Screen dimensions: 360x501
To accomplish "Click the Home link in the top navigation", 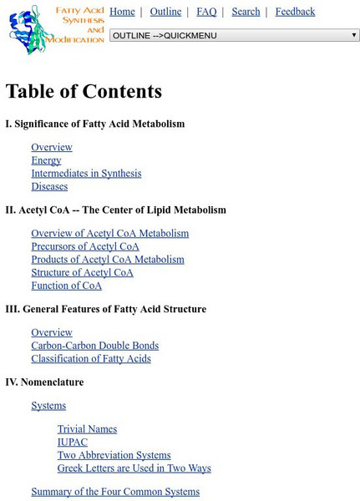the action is tap(122, 12).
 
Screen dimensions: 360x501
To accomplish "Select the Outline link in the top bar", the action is tap(165, 12).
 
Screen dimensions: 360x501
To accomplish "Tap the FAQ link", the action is tap(206, 12).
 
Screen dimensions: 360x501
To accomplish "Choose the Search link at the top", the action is tap(246, 12).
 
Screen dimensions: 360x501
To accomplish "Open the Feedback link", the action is tap(295, 12).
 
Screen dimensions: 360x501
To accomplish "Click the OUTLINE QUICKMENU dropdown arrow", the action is tap(354, 35).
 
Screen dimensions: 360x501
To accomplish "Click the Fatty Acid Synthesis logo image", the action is tap(55, 29).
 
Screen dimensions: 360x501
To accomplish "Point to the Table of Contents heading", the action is tap(84, 91).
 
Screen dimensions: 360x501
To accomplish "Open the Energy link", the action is tap(46, 160).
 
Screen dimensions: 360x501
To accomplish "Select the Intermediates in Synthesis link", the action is tap(86, 174).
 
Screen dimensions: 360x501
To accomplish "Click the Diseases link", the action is tap(49, 187).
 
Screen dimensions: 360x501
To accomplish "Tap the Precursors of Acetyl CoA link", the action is tap(85, 247).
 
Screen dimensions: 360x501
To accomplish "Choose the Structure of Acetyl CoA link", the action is tap(82, 273).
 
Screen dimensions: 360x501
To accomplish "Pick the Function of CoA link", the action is tap(67, 286).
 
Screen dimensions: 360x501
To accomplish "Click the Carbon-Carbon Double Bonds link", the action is tap(94, 346).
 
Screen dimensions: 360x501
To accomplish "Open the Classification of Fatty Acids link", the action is tap(91, 359).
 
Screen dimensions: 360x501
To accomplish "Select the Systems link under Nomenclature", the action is tap(48, 406).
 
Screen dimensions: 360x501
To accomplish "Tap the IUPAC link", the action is tap(73, 443).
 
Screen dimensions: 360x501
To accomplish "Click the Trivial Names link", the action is tap(87, 429).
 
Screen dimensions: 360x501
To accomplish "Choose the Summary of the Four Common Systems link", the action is tap(115, 492).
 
